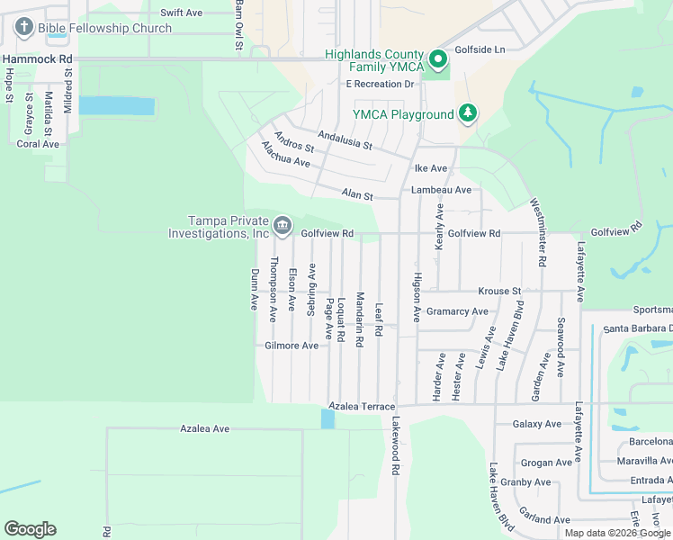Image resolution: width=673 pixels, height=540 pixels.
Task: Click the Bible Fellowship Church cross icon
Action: [x=24, y=28]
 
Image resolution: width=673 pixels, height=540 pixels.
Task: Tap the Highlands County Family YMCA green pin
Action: [x=438, y=60]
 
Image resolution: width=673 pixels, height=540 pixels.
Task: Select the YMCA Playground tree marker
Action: [x=467, y=113]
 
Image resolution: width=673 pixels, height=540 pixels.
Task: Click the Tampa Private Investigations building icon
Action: [x=282, y=225]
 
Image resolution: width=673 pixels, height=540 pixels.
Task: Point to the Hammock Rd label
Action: [x=37, y=58]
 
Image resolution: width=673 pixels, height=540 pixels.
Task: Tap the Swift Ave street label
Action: [x=182, y=13]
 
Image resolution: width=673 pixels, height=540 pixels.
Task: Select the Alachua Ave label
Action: [x=285, y=155]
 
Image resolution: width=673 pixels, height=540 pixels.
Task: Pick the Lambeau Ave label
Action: [x=441, y=190]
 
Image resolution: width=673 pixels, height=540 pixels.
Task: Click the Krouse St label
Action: [x=499, y=292]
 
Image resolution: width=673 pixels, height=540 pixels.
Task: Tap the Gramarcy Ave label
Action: [x=457, y=311]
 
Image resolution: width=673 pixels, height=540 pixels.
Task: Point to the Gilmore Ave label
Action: [x=292, y=346]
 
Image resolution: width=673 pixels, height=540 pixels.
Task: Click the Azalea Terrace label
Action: [x=362, y=407]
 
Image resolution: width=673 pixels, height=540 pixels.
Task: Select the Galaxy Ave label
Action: [x=536, y=424]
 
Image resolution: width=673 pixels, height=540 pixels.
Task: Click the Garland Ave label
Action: [x=543, y=519]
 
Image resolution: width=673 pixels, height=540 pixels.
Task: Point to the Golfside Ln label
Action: [x=480, y=49]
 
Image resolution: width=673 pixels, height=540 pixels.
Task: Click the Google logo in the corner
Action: [x=30, y=529]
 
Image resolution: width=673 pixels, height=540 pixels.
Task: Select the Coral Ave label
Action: [x=38, y=144]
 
